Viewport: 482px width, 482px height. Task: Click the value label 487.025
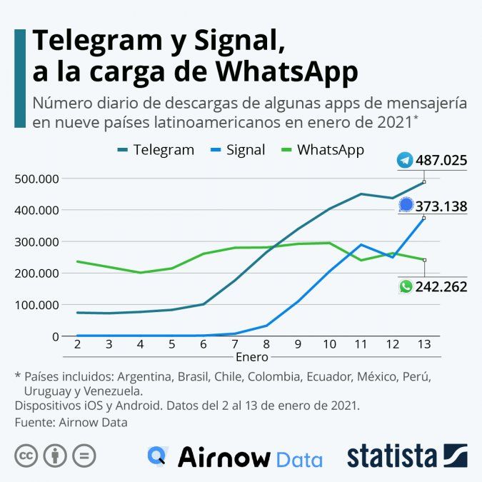pyautogui.click(x=441, y=161)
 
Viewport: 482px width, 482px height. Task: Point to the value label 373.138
pyautogui.click(x=441, y=207)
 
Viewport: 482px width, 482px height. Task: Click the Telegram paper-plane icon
pyautogui.click(x=406, y=161)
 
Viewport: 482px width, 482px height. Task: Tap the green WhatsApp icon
pyautogui.click(x=406, y=287)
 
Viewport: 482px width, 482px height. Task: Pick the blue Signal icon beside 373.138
pyautogui.click(x=406, y=206)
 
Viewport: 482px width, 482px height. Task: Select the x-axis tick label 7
pyautogui.click(x=234, y=344)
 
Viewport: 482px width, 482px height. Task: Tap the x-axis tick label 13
pyautogui.click(x=423, y=344)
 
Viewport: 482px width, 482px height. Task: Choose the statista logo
pyautogui.click(x=407, y=456)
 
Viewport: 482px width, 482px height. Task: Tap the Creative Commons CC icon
pyautogui.click(x=26, y=455)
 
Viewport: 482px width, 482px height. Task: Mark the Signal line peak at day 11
pyautogui.click(x=361, y=245)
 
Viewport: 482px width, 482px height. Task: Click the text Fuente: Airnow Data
pyautogui.click(x=71, y=423)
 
